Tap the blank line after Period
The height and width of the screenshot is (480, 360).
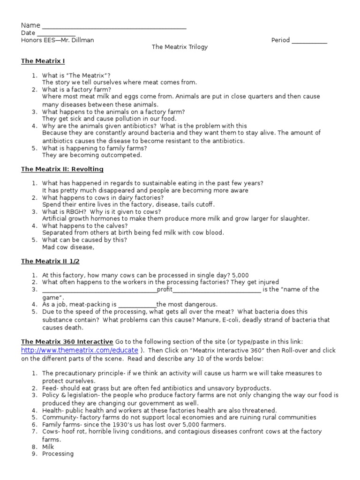click(x=309, y=41)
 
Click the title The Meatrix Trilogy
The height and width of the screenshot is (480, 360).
click(x=180, y=47)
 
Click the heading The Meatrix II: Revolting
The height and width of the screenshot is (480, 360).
click(x=62, y=169)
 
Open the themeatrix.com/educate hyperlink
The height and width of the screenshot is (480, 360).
click(x=80, y=351)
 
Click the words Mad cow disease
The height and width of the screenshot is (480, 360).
click(x=67, y=247)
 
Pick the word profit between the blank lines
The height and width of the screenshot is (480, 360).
click(x=165, y=290)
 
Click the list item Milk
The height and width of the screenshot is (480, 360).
click(x=49, y=447)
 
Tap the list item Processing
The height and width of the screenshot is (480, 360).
click(x=58, y=454)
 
